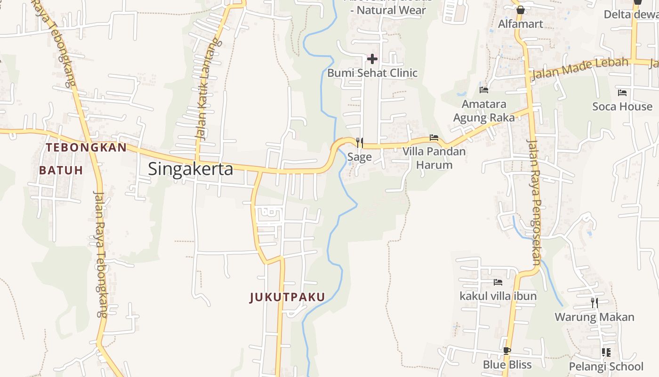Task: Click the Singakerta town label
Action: [x=191, y=169]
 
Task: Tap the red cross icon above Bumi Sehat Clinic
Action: [x=372, y=59]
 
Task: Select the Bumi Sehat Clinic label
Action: [x=372, y=73]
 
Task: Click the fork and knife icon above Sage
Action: [x=359, y=142]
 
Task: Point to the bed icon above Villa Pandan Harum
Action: [x=434, y=138]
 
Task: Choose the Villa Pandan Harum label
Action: [x=434, y=158]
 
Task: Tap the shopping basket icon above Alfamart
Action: [x=521, y=10]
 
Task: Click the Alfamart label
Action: [x=521, y=24]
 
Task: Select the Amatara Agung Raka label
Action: [x=484, y=111]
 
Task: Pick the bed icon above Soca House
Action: [x=622, y=93]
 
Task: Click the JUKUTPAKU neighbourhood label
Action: [x=287, y=297]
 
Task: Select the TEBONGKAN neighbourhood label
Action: [x=87, y=148]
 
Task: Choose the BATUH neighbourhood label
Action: [x=61, y=170]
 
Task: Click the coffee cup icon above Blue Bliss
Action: [x=507, y=351]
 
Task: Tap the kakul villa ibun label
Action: [x=498, y=296]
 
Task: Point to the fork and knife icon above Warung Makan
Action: [x=595, y=303]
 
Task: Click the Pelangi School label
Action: [x=606, y=367]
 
